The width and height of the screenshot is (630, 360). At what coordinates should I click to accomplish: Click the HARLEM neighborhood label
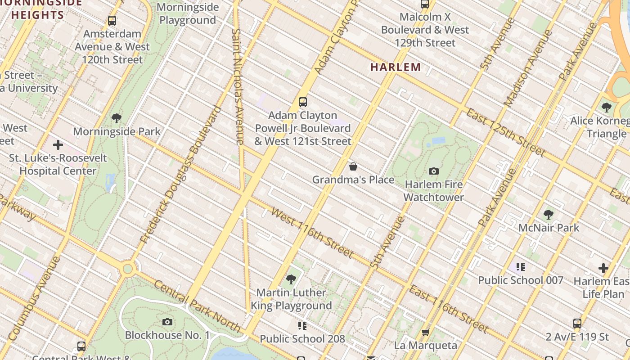pyautogui.click(x=396, y=67)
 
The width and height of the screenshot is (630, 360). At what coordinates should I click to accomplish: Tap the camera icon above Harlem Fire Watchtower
pyautogui.click(x=434, y=171)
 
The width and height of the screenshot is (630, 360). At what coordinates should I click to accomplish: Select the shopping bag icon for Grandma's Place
pyautogui.click(x=353, y=167)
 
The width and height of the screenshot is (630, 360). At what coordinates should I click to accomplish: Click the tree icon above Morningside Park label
pyautogui.click(x=117, y=118)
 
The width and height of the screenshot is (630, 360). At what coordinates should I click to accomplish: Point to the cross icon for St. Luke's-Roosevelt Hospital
pyautogui.click(x=58, y=145)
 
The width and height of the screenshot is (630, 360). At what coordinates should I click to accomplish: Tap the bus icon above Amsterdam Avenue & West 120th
pyautogui.click(x=112, y=21)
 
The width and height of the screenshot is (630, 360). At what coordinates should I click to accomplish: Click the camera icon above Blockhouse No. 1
pyautogui.click(x=167, y=322)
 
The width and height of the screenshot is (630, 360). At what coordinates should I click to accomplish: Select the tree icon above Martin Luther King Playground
pyautogui.click(x=291, y=279)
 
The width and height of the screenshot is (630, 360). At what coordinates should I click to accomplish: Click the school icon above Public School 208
pyautogui.click(x=302, y=325)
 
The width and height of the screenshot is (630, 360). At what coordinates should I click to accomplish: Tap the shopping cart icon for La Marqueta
pyautogui.click(x=425, y=333)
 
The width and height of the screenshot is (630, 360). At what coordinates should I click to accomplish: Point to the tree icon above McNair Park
pyautogui.click(x=548, y=214)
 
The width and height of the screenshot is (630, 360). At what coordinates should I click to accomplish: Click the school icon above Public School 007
pyautogui.click(x=521, y=267)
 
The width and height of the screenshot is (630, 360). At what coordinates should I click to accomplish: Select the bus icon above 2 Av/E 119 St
pyautogui.click(x=577, y=324)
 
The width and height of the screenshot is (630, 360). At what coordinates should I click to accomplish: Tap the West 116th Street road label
pyautogui.click(x=312, y=233)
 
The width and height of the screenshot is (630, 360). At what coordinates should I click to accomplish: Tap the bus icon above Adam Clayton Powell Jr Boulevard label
pyautogui.click(x=303, y=102)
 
